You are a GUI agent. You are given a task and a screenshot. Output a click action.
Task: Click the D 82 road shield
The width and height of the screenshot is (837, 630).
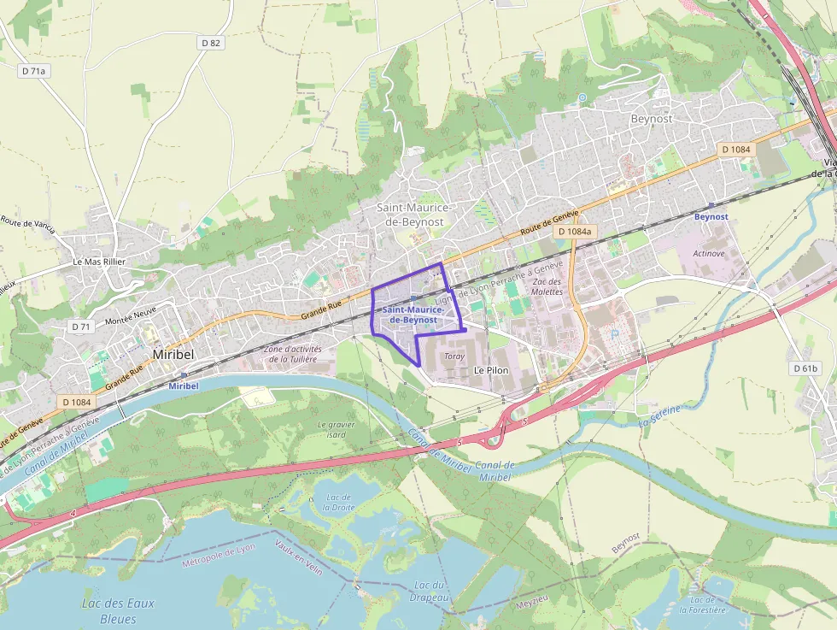tap(211, 42)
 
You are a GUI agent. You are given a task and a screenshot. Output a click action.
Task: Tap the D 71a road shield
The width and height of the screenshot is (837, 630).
tap(34, 71)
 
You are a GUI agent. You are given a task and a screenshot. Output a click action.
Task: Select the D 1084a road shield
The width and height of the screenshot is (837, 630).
tap(575, 232)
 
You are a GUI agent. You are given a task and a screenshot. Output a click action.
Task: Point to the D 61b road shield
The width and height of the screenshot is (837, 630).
tap(804, 368)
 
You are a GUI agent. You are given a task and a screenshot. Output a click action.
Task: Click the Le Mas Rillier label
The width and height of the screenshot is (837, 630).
tap(99, 262)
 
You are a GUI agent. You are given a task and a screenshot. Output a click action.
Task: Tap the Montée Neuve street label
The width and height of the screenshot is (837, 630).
tap(131, 316)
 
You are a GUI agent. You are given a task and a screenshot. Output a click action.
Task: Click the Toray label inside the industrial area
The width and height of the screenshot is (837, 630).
tap(454, 355)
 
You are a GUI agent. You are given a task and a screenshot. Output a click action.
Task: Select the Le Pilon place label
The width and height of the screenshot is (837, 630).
tap(491, 370)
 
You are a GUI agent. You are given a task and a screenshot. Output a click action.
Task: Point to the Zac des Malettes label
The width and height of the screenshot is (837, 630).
tap(547, 286)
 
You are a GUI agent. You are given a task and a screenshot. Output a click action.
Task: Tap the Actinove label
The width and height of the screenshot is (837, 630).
tap(709, 253)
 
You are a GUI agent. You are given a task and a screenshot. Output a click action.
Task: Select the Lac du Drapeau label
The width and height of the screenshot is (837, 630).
tap(430, 591)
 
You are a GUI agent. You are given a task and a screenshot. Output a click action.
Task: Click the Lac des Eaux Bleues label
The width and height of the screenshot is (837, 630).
tap(118, 610)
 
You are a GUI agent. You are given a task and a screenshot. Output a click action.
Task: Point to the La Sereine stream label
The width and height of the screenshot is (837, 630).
tap(658, 415)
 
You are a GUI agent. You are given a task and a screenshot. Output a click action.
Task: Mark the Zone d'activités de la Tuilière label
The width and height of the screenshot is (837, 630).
tap(293, 354)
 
